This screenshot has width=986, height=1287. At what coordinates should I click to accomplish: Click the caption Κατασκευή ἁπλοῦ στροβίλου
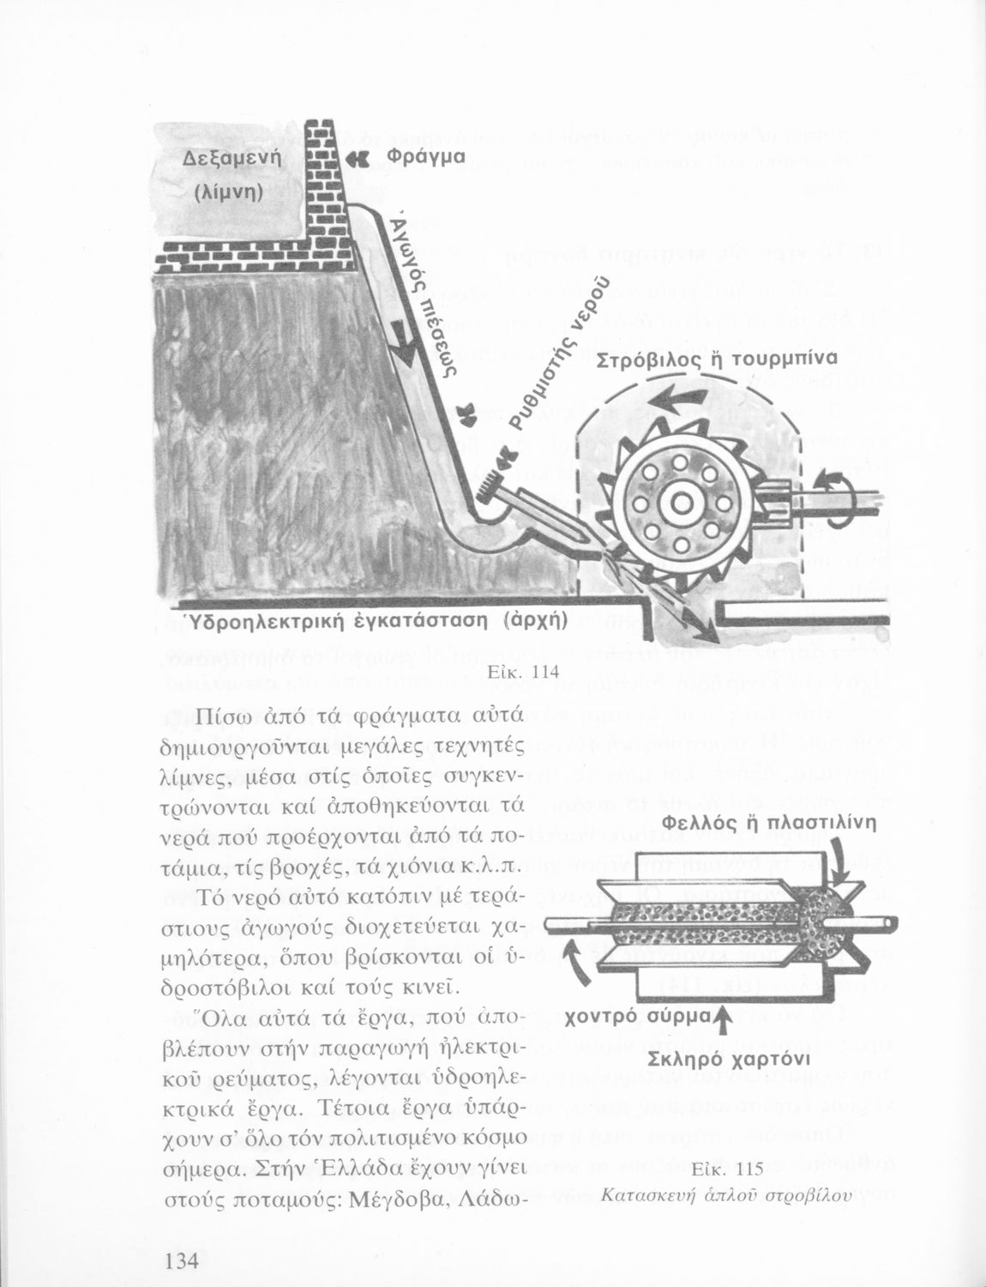(718, 1193)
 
